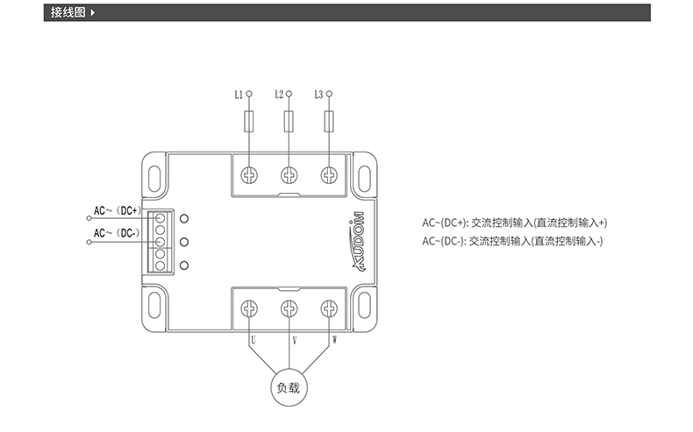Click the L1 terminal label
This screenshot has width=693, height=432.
239,94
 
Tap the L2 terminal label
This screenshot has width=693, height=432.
278,93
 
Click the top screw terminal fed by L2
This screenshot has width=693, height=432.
289,175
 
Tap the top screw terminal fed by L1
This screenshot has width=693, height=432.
249,175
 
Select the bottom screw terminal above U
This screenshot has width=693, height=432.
249,308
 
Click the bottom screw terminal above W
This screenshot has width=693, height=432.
329,308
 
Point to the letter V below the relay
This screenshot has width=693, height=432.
292,338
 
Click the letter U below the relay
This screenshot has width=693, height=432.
253,338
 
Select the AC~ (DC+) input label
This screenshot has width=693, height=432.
116,210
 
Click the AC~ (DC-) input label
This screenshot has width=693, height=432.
114,232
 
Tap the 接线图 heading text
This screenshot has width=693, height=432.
68,13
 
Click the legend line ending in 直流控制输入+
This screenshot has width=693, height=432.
514,223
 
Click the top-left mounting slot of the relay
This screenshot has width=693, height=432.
155,174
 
